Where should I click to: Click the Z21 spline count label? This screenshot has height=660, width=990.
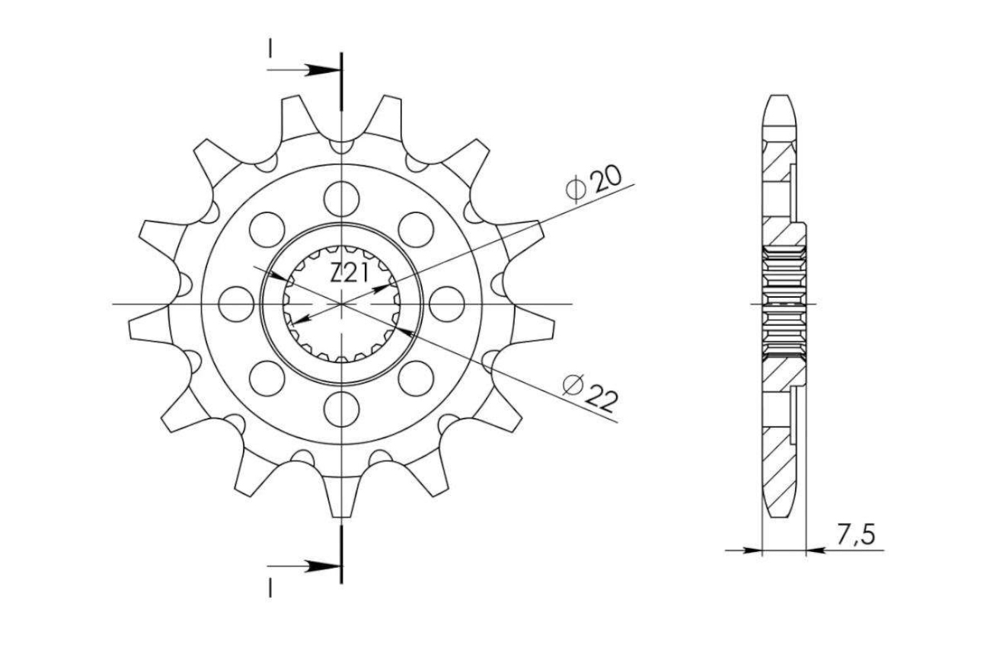pyautogui.click(x=349, y=274)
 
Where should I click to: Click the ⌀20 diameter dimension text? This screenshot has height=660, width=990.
pyautogui.click(x=593, y=185)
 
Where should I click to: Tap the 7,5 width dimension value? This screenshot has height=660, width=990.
pyautogui.click(x=855, y=535)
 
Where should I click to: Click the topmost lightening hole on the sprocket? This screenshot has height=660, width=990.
pyautogui.click(x=341, y=199)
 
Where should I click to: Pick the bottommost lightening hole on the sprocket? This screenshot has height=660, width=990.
pyautogui.click(x=341, y=409)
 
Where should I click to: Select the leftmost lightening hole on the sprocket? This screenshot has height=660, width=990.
pyautogui.click(x=236, y=304)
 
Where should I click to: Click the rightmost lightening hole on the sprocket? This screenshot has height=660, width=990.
pyautogui.click(x=446, y=304)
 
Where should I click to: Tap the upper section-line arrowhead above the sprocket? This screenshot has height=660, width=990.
pyautogui.click(x=324, y=70)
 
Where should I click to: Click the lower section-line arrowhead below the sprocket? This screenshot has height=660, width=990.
pyautogui.click(x=324, y=566)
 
